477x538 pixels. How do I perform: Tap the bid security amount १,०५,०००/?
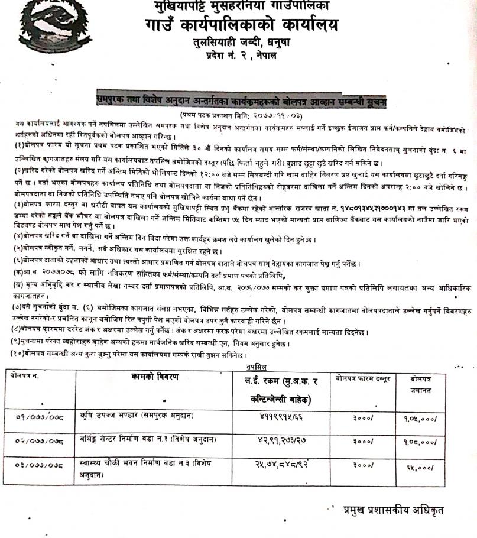420,419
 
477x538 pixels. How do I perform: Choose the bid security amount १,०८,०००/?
420,442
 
